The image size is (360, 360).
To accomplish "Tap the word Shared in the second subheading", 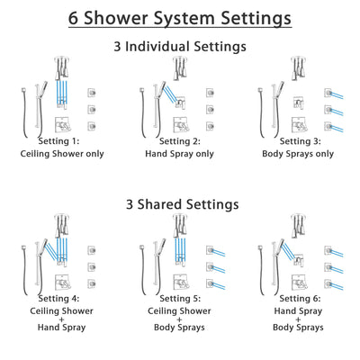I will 178,204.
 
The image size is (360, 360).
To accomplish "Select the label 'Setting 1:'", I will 58,141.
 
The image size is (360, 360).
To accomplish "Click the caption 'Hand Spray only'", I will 178,154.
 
